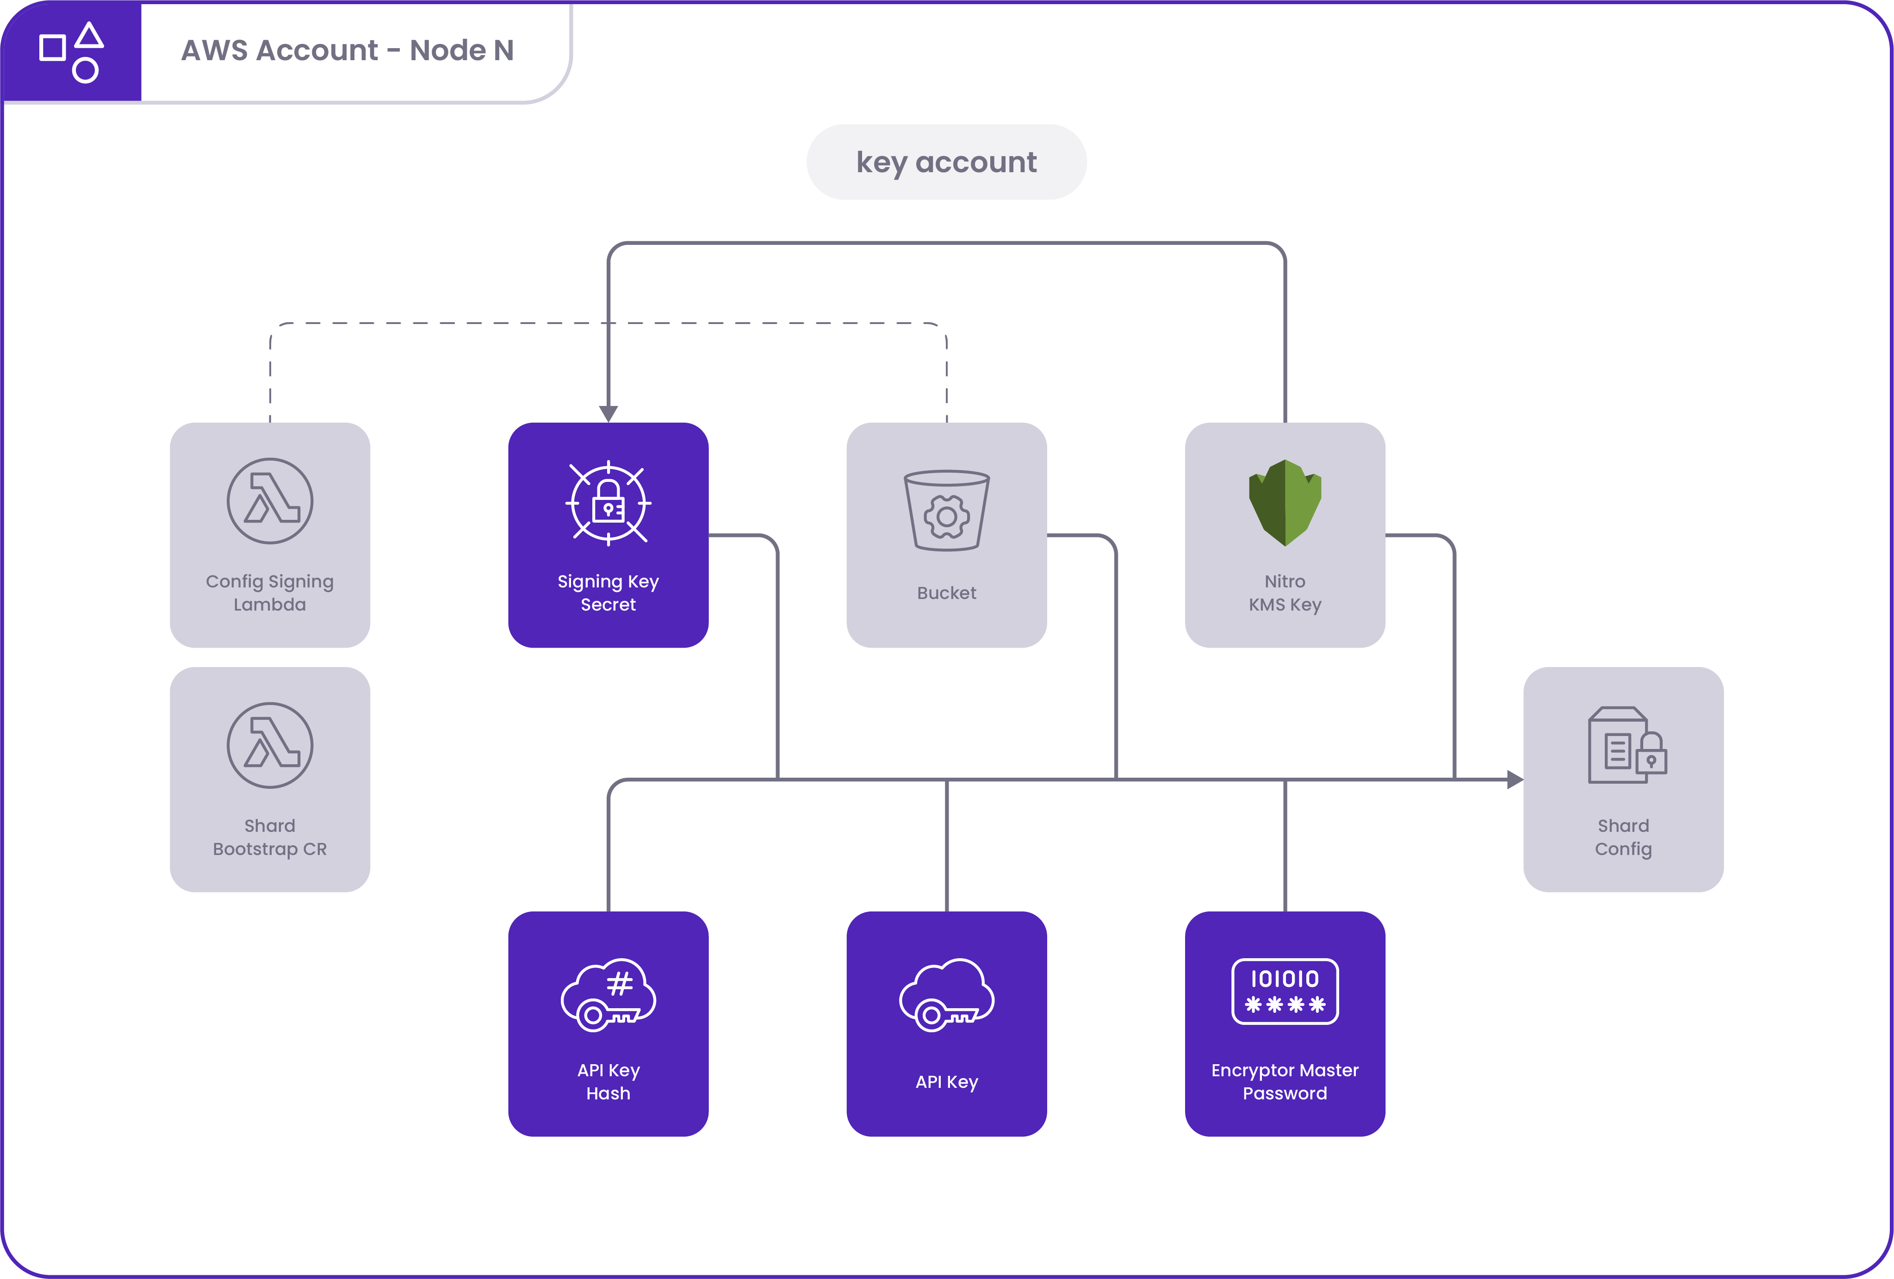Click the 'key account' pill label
(946, 162)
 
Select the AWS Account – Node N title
(347, 50)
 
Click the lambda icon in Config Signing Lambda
(270, 500)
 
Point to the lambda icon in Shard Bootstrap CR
(270, 745)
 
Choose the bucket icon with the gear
(946, 510)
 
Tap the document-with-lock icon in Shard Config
(1627, 746)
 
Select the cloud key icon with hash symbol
(608, 994)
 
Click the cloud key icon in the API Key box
(946, 994)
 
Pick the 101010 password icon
(1285, 991)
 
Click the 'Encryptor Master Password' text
(1285, 1082)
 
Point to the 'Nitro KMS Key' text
(1285, 593)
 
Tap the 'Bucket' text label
(946, 593)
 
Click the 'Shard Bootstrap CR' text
(270, 837)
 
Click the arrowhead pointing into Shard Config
(1514, 780)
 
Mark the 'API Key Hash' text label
(608, 1082)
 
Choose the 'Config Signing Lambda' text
(270, 593)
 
